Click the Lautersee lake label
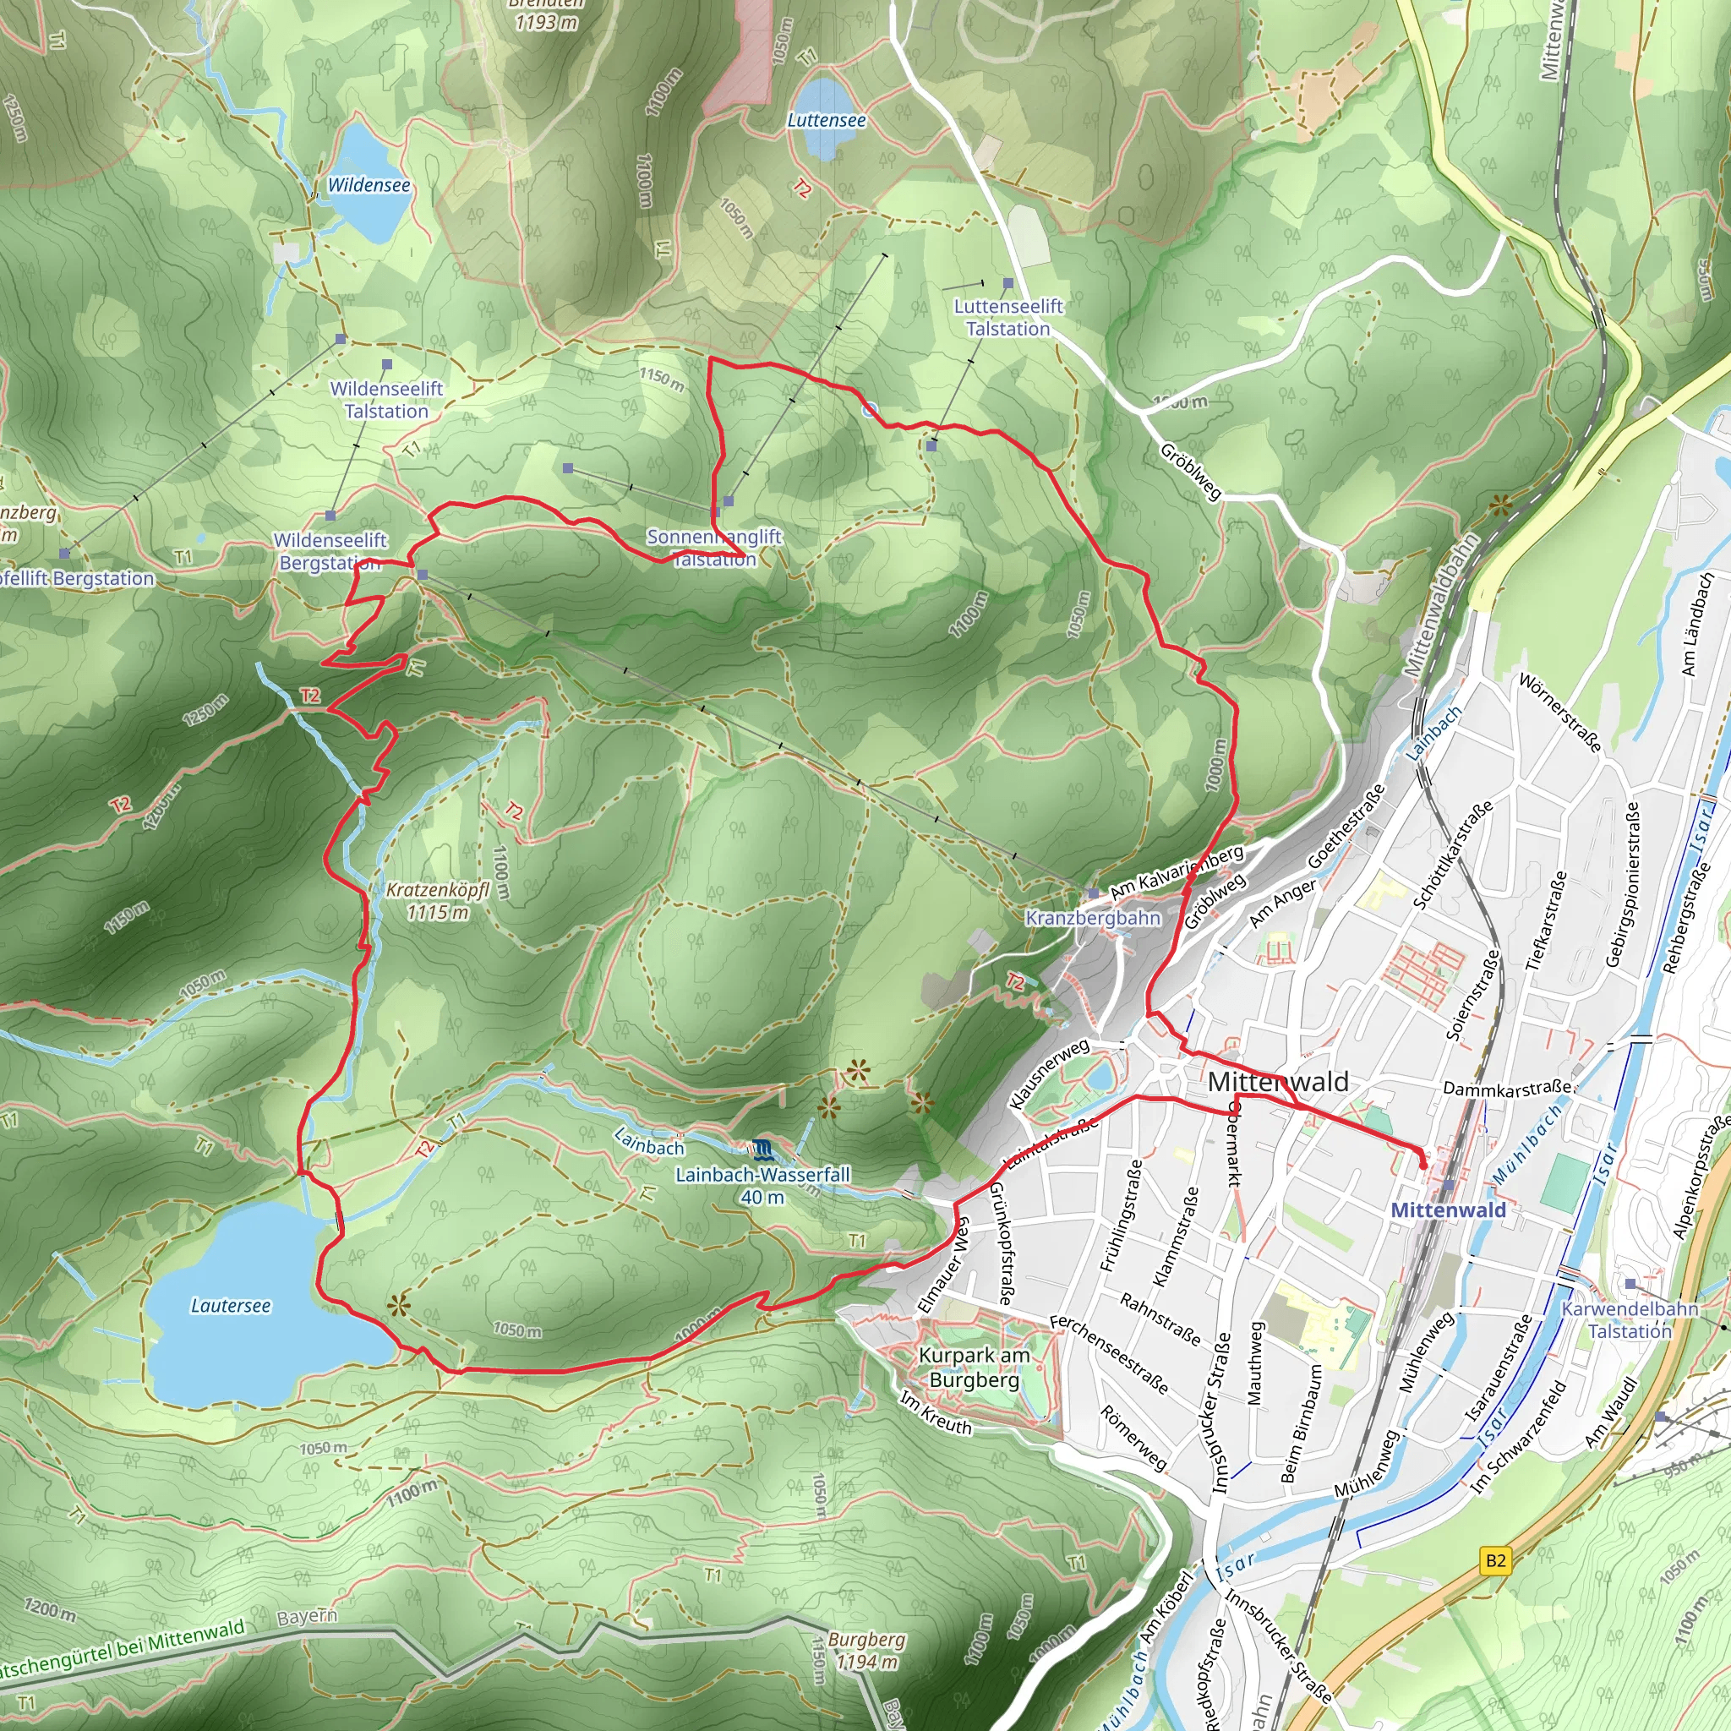230,1307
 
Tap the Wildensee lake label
369,185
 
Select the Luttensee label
826,120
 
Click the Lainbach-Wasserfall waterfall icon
761,1149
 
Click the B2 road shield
1495,1561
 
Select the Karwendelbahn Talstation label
1629,1319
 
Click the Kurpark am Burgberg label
974,1368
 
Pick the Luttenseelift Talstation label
1008,318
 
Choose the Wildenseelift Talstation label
386,401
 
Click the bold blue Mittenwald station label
1448,1210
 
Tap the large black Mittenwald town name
1278,1083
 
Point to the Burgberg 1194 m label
865,1651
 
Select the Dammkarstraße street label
1507,1089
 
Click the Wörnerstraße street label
1560,713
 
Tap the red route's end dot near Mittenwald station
1422,1165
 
